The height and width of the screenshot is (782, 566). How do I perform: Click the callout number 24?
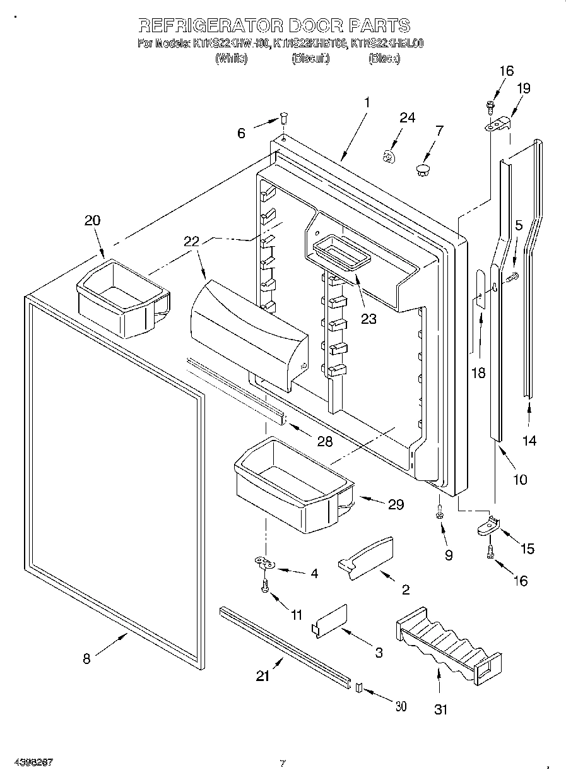tap(408, 118)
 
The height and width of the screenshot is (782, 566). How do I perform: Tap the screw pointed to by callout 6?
tap(284, 117)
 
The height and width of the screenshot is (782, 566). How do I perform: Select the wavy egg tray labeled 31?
tap(448, 644)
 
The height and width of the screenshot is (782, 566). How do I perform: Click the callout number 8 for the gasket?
tap(86, 659)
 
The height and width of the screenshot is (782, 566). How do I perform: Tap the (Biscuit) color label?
tap(310, 59)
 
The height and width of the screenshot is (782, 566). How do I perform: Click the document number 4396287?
tap(32, 762)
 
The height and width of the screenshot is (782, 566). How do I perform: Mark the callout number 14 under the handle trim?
tap(529, 441)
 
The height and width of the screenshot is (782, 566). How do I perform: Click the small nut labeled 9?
tap(440, 516)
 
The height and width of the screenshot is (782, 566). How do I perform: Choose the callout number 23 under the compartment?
tap(368, 319)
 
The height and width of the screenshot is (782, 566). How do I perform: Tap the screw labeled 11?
tap(266, 586)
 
